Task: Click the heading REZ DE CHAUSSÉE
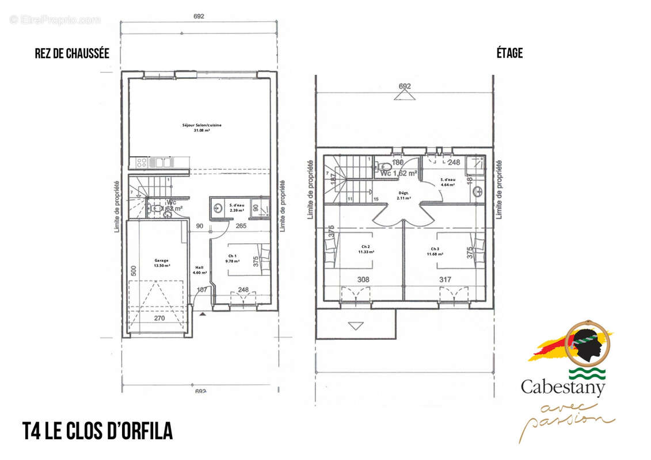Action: coord(72,53)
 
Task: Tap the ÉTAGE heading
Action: coord(509,53)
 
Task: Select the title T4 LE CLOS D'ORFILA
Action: coord(97,431)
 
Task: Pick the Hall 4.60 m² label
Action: coord(200,270)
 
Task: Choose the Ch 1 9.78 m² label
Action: coord(232,258)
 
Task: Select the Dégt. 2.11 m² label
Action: coord(403,195)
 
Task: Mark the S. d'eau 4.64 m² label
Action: coord(447,182)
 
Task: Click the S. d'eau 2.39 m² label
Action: coord(237,208)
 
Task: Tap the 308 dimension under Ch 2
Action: coord(363,280)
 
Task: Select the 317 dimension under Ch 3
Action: coord(445,280)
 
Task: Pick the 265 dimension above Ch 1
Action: coord(241,226)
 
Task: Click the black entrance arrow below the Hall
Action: coord(202,315)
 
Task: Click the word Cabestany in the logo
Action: coord(563,387)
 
